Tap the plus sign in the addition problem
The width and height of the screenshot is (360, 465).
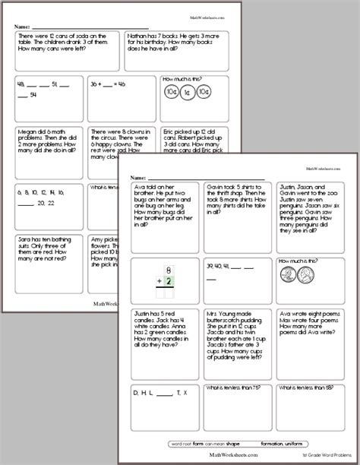(156, 283)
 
